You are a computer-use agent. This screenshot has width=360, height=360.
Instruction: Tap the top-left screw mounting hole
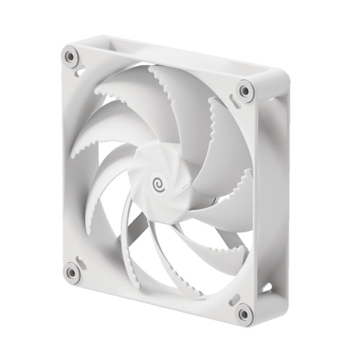coord(71,58)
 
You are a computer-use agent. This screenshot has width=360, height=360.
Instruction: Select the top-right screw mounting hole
coord(245,91)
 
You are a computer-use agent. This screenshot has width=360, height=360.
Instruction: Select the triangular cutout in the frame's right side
coord(266,287)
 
